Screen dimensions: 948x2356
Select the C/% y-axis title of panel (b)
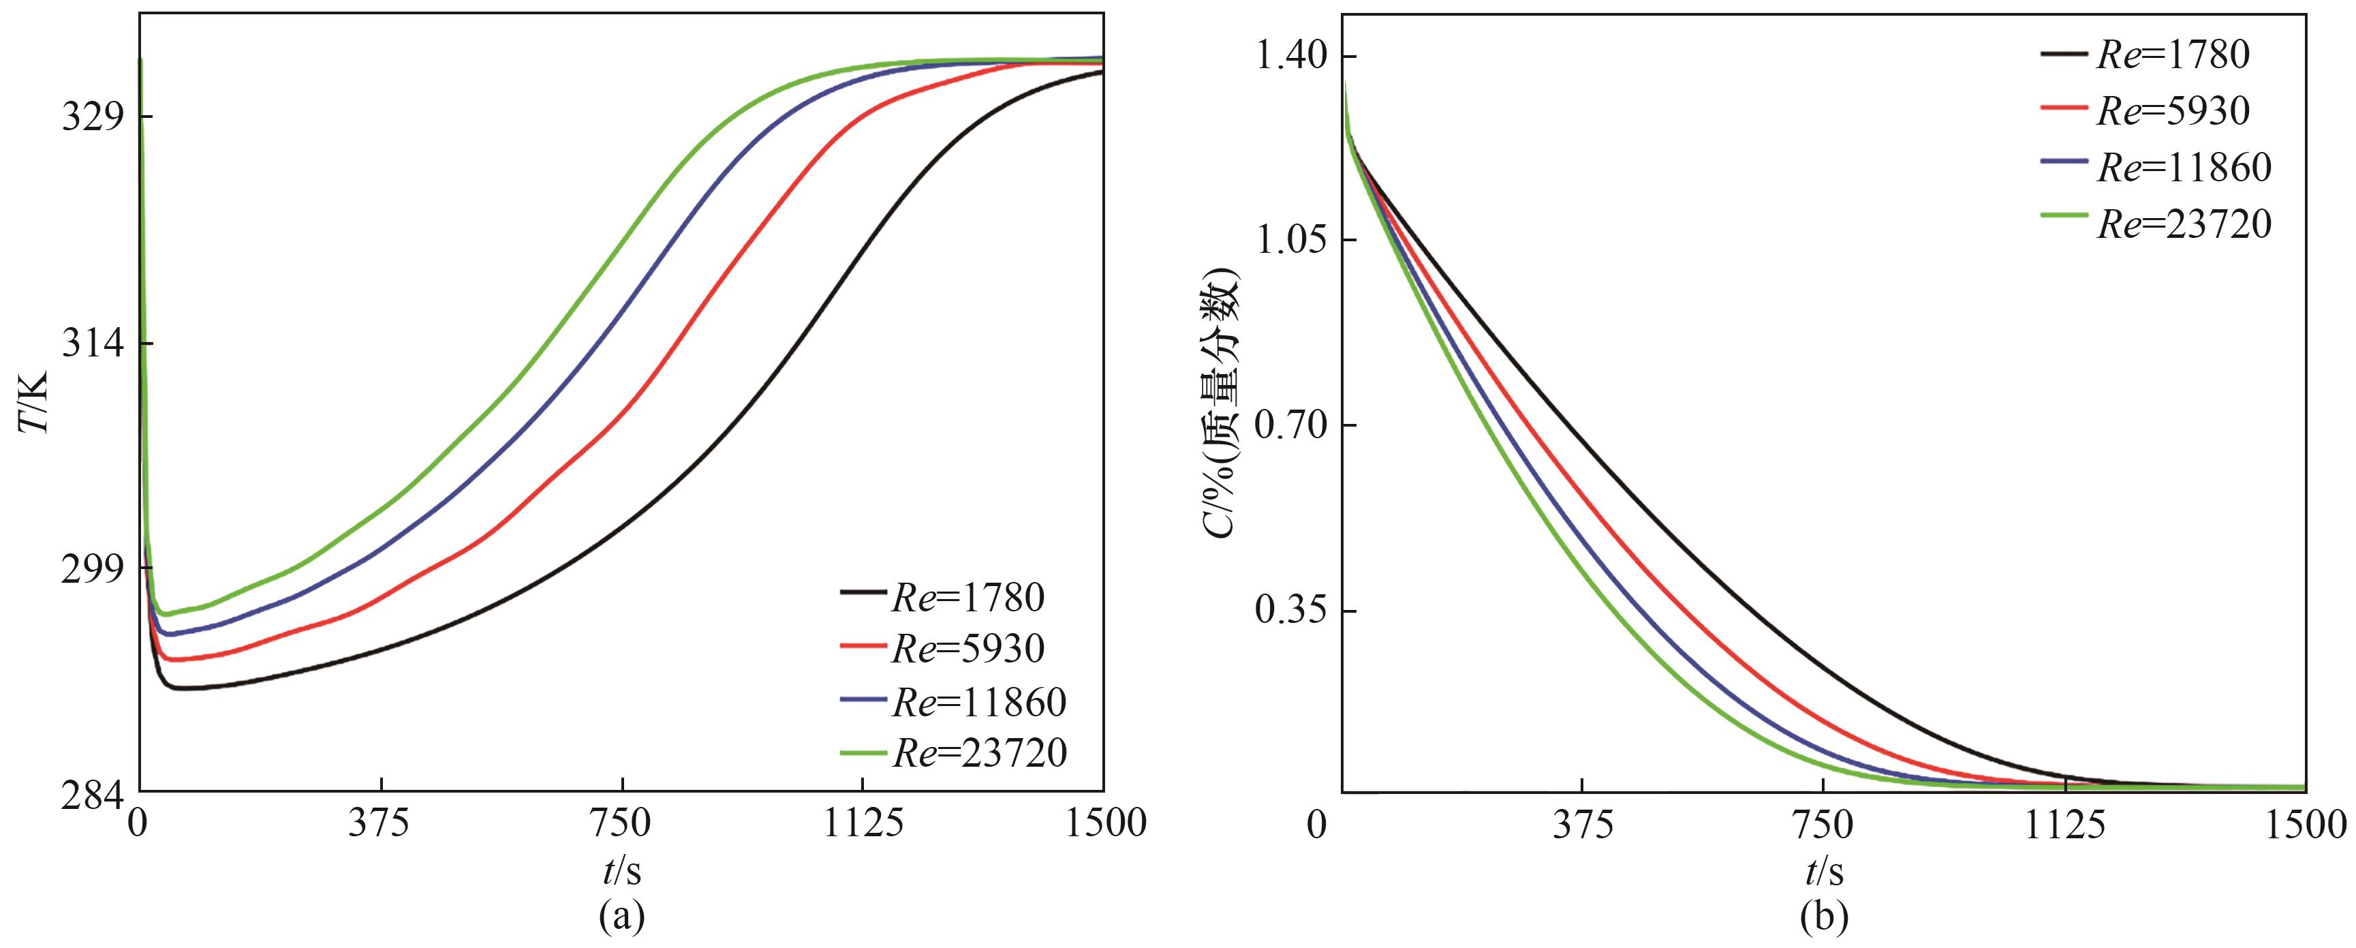1223,403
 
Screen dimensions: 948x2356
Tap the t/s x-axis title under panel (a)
622,871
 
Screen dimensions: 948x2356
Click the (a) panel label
622,917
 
